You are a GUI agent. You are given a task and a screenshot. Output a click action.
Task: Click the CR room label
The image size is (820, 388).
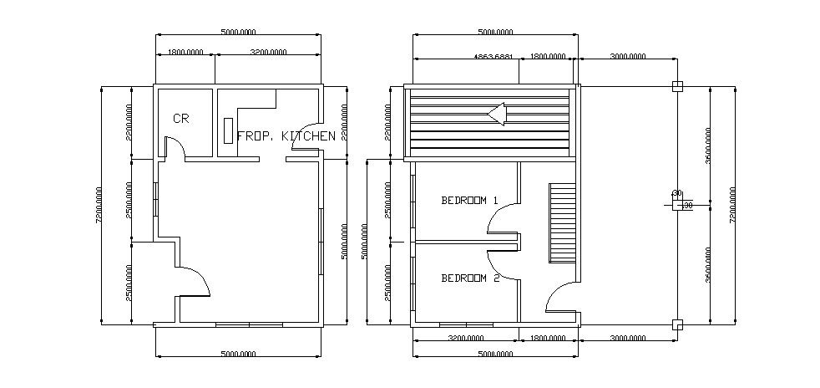point(180,119)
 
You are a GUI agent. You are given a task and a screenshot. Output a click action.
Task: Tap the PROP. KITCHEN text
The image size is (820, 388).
point(286,135)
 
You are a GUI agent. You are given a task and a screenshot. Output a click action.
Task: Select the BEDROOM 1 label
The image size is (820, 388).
point(469,201)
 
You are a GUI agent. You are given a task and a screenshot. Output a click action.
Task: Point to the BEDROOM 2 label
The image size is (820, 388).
point(469,278)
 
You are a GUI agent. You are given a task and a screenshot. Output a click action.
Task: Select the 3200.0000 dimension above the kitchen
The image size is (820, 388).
point(268,52)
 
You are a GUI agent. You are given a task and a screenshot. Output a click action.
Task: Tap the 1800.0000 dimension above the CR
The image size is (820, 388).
point(185,52)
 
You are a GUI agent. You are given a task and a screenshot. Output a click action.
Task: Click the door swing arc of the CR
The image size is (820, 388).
point(175,146)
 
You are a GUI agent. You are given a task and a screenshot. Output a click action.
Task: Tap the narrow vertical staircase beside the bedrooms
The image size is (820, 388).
point(558,222)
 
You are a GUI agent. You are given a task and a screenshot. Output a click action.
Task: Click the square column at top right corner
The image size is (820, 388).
point(676,85)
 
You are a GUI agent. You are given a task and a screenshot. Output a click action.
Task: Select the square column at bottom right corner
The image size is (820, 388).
point(676,324)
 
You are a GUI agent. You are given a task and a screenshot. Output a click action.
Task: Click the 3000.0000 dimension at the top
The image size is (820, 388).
point(627,57)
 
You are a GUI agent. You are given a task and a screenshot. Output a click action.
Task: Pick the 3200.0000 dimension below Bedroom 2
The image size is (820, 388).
point(467,339)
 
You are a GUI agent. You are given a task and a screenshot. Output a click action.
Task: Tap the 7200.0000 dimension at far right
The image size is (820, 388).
point(732,205)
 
